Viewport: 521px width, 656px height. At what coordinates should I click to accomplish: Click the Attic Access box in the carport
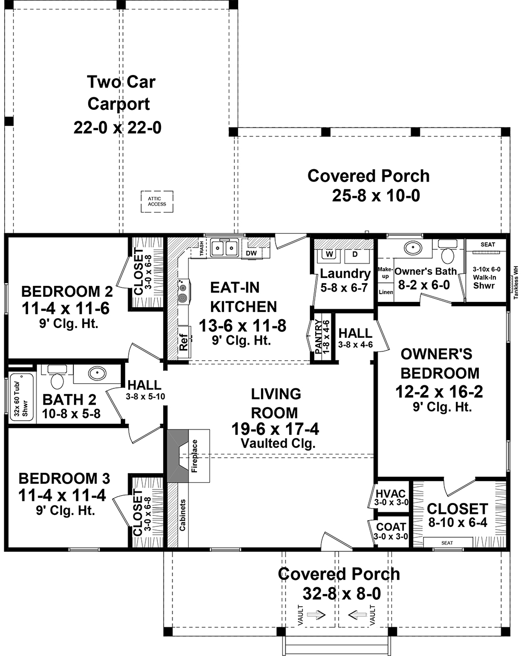tap(157, 201)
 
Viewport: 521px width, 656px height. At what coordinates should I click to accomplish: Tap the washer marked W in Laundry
tap(329, 254)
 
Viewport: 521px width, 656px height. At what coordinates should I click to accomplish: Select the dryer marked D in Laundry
tap(355, 254)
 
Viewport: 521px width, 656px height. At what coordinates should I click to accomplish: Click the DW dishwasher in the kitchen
tap(251, 253)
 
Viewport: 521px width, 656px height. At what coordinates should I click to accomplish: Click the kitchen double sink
tap(225, 248)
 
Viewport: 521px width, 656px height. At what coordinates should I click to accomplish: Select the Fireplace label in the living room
tap(195, 456)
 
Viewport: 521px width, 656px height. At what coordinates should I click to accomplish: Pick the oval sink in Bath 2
tap(96, 373)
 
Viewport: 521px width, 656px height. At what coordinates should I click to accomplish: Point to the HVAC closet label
tap(391, 494)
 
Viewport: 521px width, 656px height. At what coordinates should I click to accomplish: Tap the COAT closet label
tap(391, 527)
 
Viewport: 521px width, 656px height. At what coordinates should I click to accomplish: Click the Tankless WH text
tap(515, 281)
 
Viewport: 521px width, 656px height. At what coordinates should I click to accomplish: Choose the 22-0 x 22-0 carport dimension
tap(117, 127)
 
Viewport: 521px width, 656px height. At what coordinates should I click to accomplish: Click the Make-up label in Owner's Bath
tap(384, 272)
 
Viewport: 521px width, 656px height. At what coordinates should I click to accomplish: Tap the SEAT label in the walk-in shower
tap(488, 244)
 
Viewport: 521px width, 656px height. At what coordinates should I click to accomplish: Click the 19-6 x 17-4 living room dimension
tap(275, 429)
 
